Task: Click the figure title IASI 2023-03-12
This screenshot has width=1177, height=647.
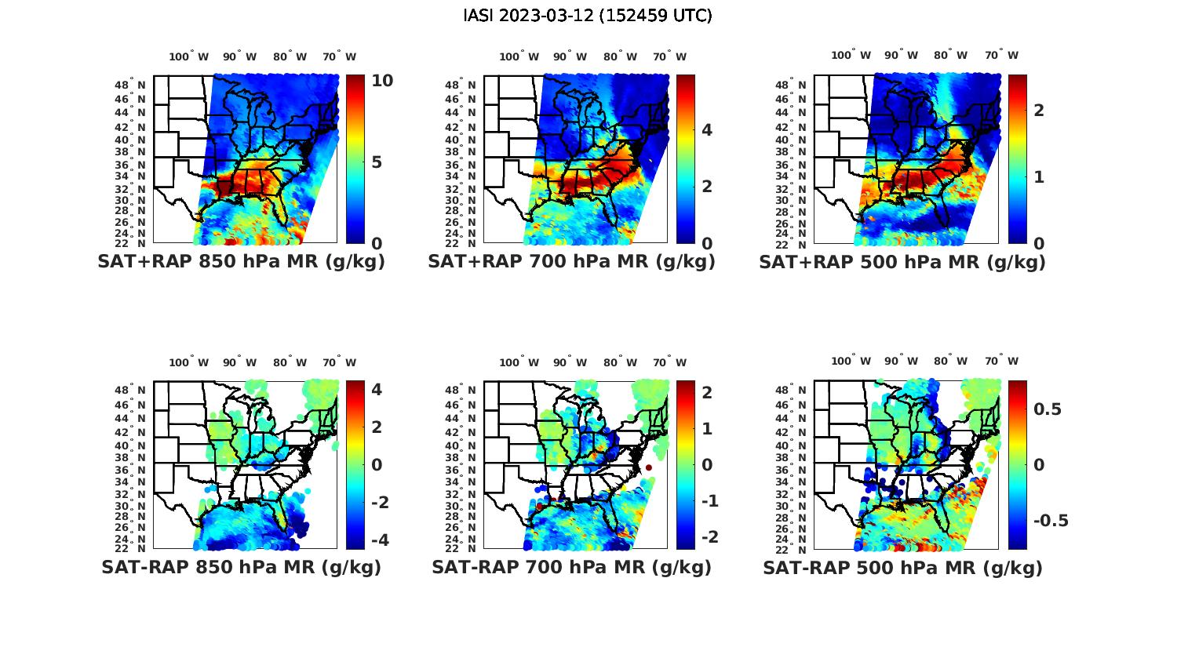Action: (588, 16)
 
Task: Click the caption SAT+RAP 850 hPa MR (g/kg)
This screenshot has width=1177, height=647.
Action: (241, 262)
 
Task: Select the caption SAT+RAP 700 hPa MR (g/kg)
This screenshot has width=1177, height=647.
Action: (571, 262)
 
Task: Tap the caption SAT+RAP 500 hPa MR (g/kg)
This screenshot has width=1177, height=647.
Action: (902, 262)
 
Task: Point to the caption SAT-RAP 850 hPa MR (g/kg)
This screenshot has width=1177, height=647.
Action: (241, 567)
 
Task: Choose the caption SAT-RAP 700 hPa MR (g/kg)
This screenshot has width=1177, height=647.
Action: (571, 567)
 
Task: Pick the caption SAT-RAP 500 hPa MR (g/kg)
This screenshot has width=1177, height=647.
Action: (902, 567)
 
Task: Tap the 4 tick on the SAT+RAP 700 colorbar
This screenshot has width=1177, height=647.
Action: (706, 129)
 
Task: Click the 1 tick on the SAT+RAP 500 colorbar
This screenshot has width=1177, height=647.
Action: (1039, 177)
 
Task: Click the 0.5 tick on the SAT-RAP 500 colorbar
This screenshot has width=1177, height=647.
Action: (1048, 409)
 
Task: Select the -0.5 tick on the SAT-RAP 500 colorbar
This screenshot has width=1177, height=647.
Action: (1051, 522)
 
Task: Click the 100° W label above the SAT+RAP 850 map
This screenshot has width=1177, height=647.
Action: (188, 56)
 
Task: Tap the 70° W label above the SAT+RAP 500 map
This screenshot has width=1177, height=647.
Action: (1001, 55)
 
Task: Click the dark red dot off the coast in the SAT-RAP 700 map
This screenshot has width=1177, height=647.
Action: (649, 468)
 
